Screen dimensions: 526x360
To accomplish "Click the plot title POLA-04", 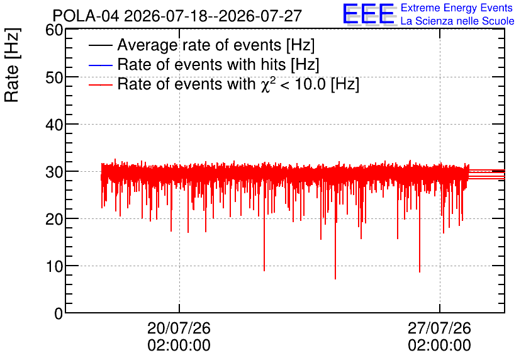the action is (86, 16).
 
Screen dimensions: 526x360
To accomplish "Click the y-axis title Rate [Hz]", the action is (12, 65).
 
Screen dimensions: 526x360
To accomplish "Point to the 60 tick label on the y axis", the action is (54, 30).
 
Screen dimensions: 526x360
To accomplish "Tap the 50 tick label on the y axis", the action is (54, 77).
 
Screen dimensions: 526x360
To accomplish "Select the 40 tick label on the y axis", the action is (54, 125).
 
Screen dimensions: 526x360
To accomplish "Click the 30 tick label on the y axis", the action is (54, 172).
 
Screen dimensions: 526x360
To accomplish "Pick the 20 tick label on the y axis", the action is (54, 220).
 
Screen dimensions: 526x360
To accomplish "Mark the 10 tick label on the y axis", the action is (54, 267).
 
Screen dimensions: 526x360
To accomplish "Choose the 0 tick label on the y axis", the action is (59, 313).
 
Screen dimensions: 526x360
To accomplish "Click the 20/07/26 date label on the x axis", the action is (179, 328).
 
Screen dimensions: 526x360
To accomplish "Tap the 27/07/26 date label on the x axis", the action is (439, 328).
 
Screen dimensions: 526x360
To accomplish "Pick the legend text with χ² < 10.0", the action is (238, 84).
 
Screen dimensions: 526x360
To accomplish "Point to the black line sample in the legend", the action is (100, 45).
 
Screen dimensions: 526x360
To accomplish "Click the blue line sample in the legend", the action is (100, 65).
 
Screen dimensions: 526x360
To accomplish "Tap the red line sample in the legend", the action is (100, 84).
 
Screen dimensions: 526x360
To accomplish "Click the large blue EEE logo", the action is (369, 14).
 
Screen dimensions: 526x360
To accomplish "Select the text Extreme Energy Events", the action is (457, 8).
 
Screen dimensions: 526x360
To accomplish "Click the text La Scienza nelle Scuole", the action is (457, 21).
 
